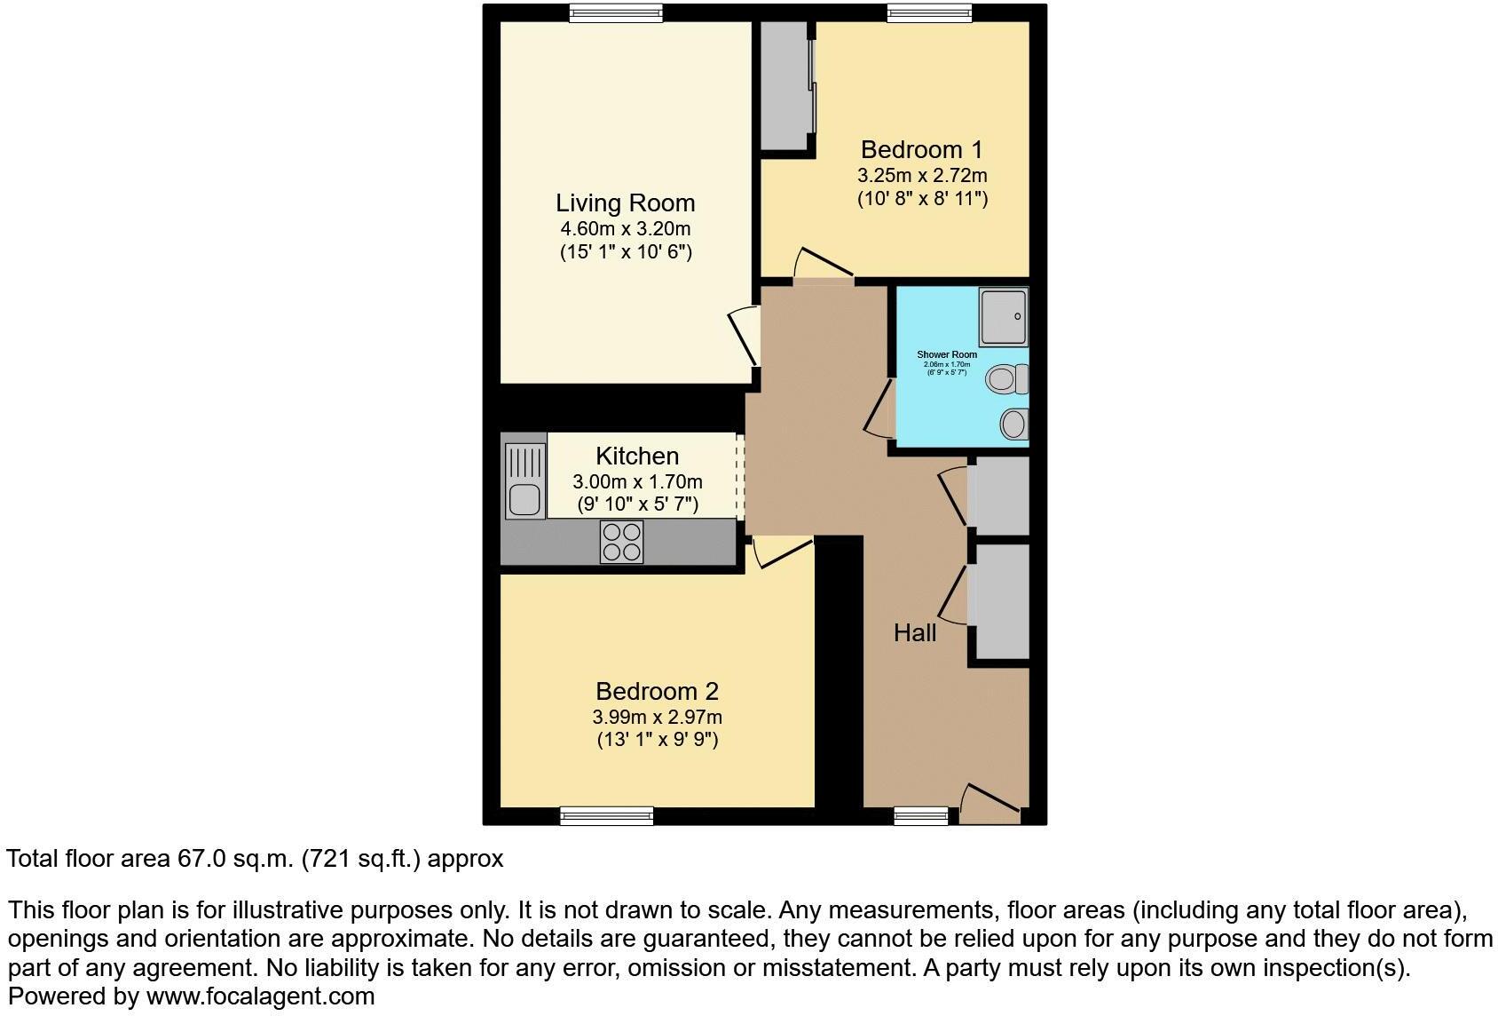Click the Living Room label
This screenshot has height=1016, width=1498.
625,203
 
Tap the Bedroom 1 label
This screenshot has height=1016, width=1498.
921,149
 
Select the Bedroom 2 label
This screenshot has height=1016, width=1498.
657,691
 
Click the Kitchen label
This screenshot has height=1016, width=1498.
637,456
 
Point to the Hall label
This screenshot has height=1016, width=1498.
915,633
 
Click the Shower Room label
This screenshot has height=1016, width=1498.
947,354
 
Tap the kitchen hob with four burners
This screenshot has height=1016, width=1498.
621,542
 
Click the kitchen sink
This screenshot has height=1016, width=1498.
524,499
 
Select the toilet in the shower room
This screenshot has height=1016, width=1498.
1007,379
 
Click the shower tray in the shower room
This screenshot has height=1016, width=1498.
1004,316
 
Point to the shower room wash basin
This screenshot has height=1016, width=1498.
1013,424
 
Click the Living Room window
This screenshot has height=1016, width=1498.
616,12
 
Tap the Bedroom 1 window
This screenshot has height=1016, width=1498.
929,12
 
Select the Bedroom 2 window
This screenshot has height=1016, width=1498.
607,815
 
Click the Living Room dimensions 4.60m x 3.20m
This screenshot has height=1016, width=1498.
625,229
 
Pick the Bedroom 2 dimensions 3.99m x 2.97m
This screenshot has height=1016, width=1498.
657,717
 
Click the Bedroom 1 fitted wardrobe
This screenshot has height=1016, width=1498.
784,86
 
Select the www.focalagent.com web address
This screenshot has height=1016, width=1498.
260,996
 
